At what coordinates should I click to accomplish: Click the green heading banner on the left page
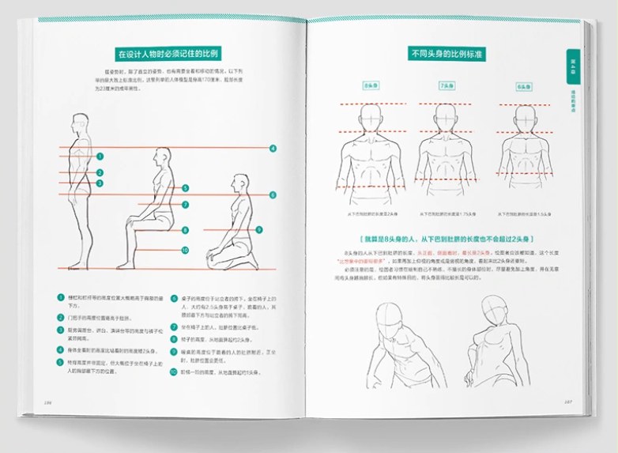pos(168,55)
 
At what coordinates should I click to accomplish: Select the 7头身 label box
pos(447,85)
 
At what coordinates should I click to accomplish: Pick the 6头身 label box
pos(523,85)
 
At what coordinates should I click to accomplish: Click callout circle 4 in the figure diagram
pos(273,148)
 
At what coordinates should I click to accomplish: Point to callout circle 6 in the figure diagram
pos(273,194)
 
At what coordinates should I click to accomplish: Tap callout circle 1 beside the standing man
pos(100,157)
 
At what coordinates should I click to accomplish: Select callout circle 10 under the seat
pos(184,250)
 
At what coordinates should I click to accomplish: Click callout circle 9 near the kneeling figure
pos(258,229)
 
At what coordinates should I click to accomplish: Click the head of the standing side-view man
pos(79,125)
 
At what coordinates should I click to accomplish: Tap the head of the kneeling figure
pos(239,185)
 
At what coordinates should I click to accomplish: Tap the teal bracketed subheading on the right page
pos(447,238)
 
